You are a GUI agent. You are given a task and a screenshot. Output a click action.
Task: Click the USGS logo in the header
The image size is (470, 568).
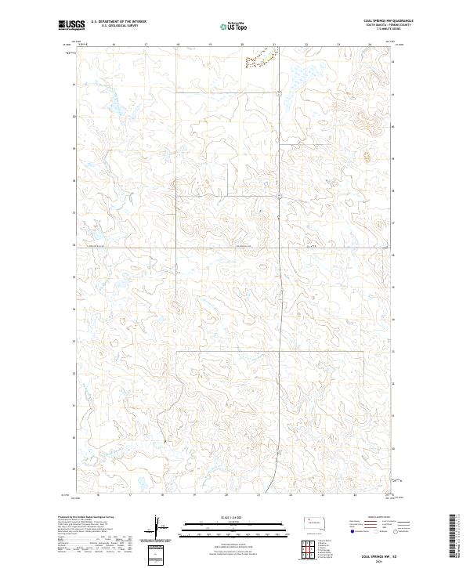[x=72, y=25]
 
